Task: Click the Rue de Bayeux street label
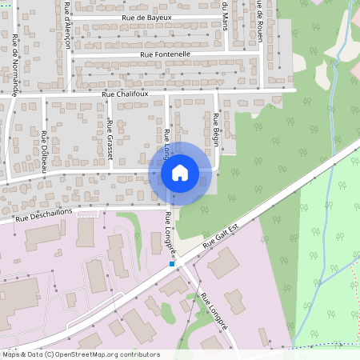coord(146,17)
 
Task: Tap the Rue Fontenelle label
coord(165,54)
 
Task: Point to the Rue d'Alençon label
coord(66,25)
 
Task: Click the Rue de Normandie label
coord(14,64)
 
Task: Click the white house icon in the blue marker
coord(180,173)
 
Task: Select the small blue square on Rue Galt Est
coord(171,263)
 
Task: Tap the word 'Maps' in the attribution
coord(10,354)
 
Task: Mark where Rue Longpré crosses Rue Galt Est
coord(180,260)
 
